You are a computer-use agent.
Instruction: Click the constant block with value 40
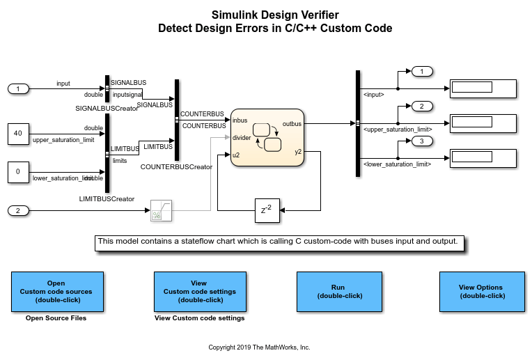tap(18, 134)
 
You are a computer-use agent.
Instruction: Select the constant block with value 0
tap(18, 172)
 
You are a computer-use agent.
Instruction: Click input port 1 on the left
tap(18, 88)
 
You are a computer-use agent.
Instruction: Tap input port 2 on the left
tap(18, 210)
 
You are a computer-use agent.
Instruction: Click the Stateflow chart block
tap(267, 137)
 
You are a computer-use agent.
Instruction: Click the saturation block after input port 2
tap(162, 210)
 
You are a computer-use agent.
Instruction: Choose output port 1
tap(422, 71)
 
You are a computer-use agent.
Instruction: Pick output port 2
tap(422, 106)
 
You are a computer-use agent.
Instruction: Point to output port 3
tap(422, 141)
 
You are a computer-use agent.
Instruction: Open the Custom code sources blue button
tap(57, 291)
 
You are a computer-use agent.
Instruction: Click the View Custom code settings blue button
tap(199, 291)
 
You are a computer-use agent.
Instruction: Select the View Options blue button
tap(480, 291)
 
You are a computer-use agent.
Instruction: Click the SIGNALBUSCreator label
tap(107, 109)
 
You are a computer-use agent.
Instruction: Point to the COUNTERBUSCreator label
tap(176, 167)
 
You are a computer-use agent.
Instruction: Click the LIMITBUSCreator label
tap(107, 199)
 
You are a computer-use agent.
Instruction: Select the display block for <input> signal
tap(482, 88)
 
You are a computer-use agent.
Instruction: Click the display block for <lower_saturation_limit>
tap(482, 158)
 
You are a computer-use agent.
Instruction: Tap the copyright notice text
tap(259, 347)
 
